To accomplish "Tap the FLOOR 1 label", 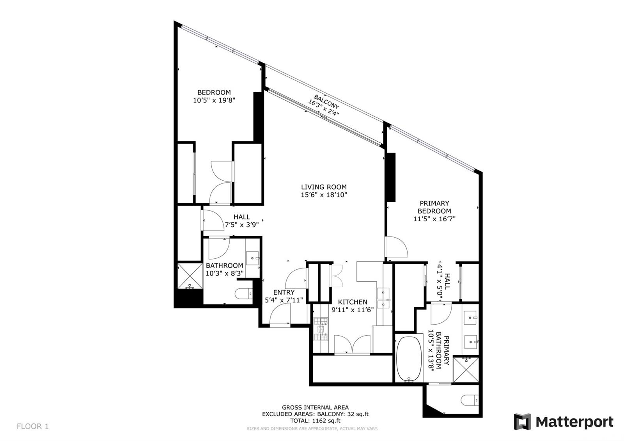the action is (x=33, y=426).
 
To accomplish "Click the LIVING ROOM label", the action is (x=324, y=187).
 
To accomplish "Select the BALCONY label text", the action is (x=326, y=102).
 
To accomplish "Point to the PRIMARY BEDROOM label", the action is (x=434, y=207).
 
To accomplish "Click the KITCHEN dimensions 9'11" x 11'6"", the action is (x=353, y=310).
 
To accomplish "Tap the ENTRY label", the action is (x=284, y=292).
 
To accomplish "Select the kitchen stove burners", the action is (x=321, y=329).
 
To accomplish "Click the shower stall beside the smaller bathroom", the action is (x=190, y=276).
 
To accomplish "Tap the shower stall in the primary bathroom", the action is (x=466, y=370).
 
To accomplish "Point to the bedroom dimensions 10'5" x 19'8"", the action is (x=214, y=100).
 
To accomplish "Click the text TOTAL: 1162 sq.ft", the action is (x=316, y=421).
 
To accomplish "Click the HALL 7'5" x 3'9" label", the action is (x=242, y=221).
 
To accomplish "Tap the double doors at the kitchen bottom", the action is (x=353, y=345).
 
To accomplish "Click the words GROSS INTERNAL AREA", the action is (x=316, y=407).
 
